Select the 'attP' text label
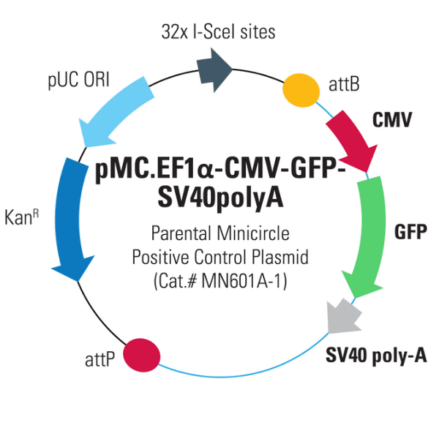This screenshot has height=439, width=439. click(99, 360)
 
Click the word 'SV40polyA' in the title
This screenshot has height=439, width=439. click(220, 198)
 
